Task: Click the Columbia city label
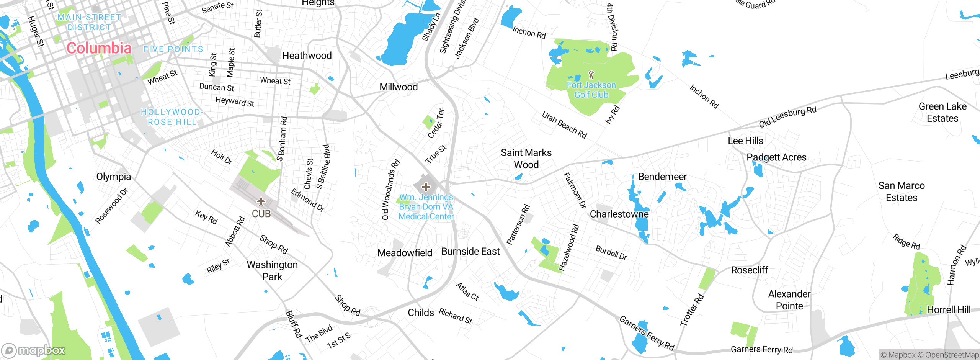click(99, 48)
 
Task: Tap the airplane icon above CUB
click(261, 201)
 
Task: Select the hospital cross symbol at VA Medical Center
click(426, 187)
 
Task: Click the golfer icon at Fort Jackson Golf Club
click(591, 74)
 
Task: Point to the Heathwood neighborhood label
click(307, 56)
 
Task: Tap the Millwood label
click(399, 87)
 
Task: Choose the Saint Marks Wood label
click(526, 159)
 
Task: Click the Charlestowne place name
click(619, 214)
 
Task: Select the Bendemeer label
click(662, 177)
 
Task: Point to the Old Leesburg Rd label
click(787, 117)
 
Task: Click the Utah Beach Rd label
click(564, 125)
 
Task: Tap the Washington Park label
click(272, 270)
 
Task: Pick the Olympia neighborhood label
click(113, 177)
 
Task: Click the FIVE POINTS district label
click(173, 49)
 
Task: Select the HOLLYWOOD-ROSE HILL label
click(172, 117)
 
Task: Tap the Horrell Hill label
click(948, 309)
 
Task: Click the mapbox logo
click(34, 350)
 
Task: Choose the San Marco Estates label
click(901, 191)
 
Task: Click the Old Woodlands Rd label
click(390, 190)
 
